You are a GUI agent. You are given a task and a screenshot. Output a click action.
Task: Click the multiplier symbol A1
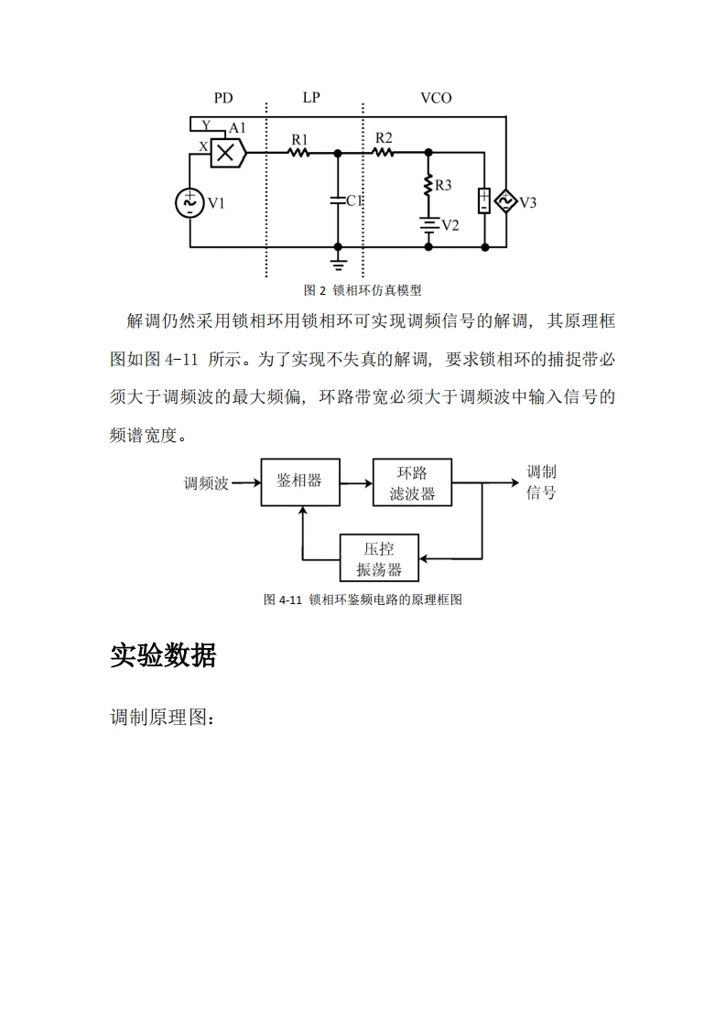coord(225,152)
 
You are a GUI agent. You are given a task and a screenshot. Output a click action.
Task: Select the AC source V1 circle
coord(190,202)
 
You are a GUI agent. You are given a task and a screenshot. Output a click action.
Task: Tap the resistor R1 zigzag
coord(299,152)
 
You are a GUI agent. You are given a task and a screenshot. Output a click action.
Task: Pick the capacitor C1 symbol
coord(338,200)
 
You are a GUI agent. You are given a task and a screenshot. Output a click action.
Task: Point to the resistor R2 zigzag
coord(384,152)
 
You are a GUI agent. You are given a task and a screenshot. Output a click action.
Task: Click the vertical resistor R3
coord(428,186)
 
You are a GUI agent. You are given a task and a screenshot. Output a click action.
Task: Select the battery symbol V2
coord(428,224)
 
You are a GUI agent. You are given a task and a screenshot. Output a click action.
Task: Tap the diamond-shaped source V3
coord(505,200)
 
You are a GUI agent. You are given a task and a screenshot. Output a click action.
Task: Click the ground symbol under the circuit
coord(338,264)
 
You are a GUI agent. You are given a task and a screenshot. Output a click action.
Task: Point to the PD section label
coord(223,98)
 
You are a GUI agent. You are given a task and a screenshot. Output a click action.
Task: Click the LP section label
coord(311,98)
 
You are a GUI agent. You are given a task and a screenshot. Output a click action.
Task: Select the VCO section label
coord(436,98)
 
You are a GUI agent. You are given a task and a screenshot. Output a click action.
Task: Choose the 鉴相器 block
coord(299,481)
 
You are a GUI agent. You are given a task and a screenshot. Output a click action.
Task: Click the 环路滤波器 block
coord(412,482)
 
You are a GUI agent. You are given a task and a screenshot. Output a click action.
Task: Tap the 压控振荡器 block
coord(379,558)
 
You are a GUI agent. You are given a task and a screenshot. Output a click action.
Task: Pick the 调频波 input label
coord(206,483)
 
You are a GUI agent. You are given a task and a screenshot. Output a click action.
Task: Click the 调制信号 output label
coord(540,482)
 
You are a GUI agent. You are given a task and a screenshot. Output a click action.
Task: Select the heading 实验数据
coord(163,655)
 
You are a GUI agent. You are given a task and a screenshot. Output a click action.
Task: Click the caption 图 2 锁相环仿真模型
coord(363,290)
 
